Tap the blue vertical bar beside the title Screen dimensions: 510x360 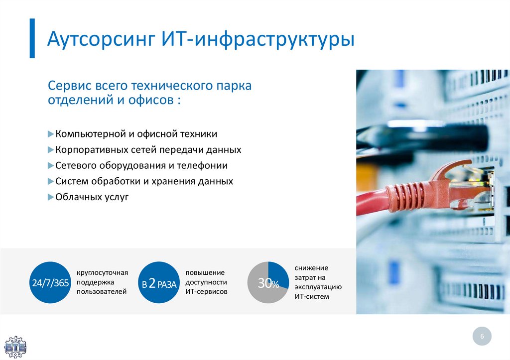click(x=32, y=38)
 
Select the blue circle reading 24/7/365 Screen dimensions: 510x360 click(x=50, y=283)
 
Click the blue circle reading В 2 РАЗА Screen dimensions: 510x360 click(x=159, y=283)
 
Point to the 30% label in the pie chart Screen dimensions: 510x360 click(x=268, y=283)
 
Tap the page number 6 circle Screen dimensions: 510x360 click(x=482, y=336)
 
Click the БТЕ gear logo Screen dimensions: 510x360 click(x=15, y=347)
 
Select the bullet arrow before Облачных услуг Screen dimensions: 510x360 click(x=50, y=197)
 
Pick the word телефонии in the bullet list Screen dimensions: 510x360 click(x=202, y=165)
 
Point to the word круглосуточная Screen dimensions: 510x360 click(x=102, y=272)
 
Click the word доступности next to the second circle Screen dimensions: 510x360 click(x=206, y=282)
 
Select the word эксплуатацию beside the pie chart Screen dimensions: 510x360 click(x=318, y=287)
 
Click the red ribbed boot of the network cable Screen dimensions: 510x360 click(x=406, y=196)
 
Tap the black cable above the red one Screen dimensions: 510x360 click(x=423, y=136)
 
